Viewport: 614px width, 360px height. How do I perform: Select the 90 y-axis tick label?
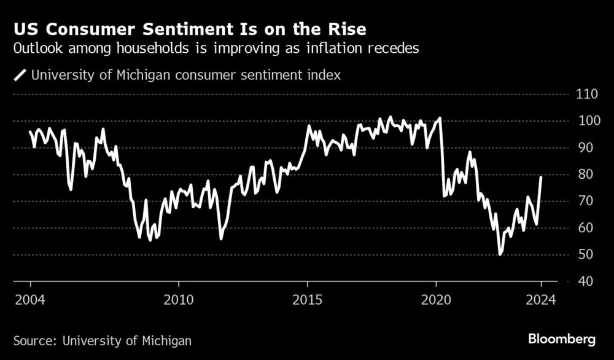pos(583,148)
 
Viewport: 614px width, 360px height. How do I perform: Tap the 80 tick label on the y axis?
pos(583,174)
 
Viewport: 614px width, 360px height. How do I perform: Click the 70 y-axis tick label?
pos(583,202)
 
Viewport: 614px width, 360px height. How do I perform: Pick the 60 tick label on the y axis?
pos(583,228)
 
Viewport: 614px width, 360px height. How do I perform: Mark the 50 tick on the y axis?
pos(583,255)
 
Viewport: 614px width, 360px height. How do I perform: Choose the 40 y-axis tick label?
pos(583,281)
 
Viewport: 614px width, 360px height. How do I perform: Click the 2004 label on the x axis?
pos(30,301)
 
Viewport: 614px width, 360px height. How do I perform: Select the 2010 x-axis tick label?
pos(179,301)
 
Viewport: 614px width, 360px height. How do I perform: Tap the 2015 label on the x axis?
pos(307,301)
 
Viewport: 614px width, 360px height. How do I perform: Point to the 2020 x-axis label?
pos(436,301)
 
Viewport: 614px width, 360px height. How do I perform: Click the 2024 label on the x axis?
pos(542,301)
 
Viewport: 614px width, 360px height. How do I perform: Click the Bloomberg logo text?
pos(562,338)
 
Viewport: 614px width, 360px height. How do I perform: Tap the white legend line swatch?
pos(20,76)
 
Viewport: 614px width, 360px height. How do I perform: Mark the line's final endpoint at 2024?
pos(541,177)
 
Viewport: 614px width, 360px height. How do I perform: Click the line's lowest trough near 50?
pos(500,254)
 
